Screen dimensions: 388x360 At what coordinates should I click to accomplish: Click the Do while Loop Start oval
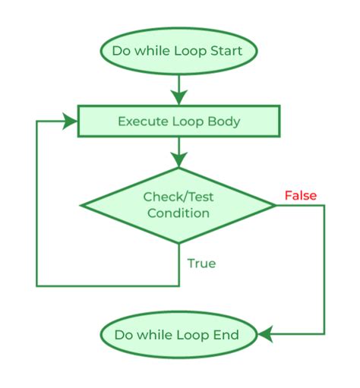click(x=179, y=52)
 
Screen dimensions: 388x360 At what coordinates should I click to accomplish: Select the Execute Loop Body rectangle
click(x=179, y=121)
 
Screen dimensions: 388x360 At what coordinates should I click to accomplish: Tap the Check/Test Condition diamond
click(x=178, y=205)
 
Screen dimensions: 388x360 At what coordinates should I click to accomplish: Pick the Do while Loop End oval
click(x=179, y=335)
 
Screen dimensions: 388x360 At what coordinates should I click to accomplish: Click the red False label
click(x=300, y=196)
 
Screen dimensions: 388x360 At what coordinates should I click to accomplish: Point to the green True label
click(x=201, y=263)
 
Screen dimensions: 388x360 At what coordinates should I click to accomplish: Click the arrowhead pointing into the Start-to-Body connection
click(x=179, y=96)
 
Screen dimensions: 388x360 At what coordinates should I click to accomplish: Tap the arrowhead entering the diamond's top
click(x=179, y=159)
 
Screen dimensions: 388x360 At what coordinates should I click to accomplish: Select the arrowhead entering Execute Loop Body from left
click(x=73, y=121)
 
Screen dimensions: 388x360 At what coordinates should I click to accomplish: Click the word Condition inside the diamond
click(x=178, y=213)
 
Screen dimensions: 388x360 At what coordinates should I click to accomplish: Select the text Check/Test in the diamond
click(x=178, y=197)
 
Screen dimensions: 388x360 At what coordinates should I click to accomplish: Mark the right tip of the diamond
click(x=275, y=205)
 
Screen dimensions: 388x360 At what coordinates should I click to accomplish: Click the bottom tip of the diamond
click(x=179, y=243)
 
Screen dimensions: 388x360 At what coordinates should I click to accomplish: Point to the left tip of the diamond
click(x=82, y=205)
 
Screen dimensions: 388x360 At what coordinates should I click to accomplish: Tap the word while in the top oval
click(x=155, y=52)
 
